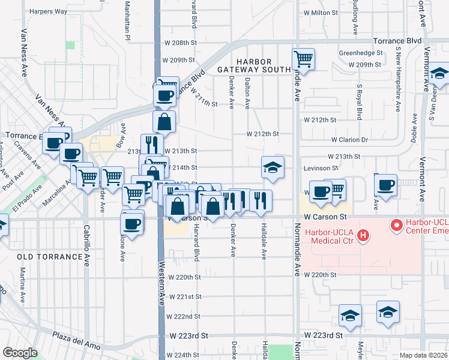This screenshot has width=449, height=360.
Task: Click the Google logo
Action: pyautogui.click(x=20, y=353)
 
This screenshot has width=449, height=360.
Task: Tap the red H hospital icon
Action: pyautogui.click(x=363, y=236)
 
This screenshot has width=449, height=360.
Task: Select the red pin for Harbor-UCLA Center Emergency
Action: pyautogui.click(x=396, y=226)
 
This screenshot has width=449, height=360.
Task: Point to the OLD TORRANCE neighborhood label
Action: pyautogui.click(x=49, y=257)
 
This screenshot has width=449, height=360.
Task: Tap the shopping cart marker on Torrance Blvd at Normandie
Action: pyautogui.click(x=304, y=59)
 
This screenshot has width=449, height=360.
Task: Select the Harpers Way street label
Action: pyautogui.click(x=48, y=11)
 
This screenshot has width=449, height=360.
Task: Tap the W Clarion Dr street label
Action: pyautogui.click(x=351, y=139)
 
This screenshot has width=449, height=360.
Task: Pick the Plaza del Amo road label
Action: pyautogui.click(x=74, y=337)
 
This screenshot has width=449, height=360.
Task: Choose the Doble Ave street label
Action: pyautogui.click(x=414, y=128)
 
